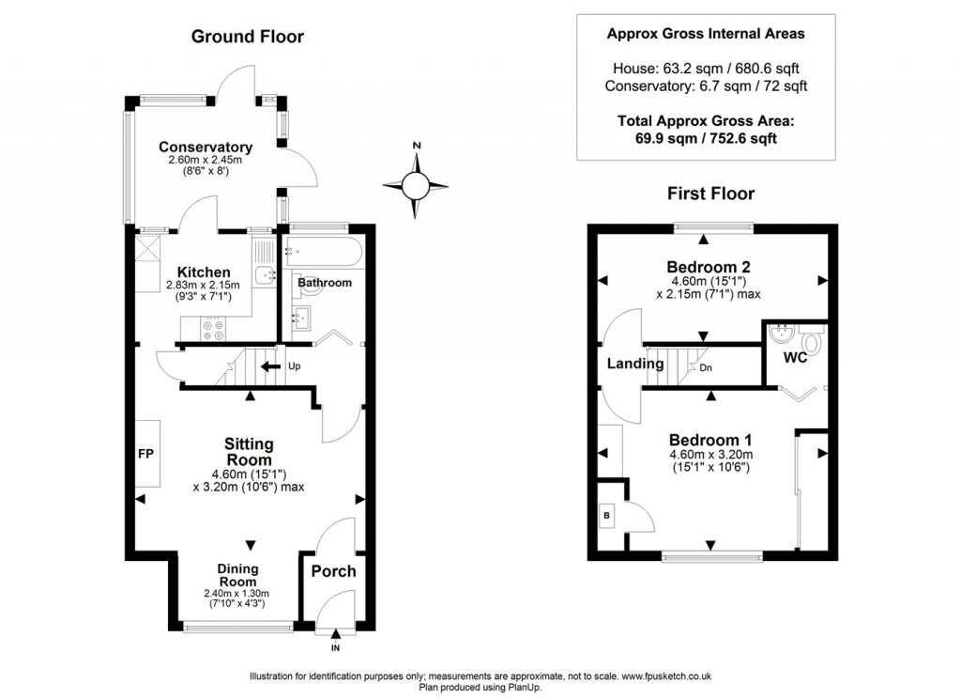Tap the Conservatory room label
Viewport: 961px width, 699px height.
click(205, 148)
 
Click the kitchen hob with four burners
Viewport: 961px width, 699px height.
click(213, 328)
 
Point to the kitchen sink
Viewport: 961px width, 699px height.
click(266, 274)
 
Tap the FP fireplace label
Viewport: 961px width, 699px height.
click(146, 455)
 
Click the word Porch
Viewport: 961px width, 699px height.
click(333, 571)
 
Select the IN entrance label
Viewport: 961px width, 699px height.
click(335, 648)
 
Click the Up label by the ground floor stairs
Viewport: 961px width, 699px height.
click(295, 365)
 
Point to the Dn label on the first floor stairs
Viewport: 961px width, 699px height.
click(706, 367)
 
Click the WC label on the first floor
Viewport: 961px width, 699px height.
click(795, 358)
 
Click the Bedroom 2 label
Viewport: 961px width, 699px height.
click(709, 266)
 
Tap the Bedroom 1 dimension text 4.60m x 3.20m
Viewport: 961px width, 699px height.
click(710, 456)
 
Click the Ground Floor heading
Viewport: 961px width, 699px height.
click(247, 37)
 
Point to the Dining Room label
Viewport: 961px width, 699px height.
click(236, 575)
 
